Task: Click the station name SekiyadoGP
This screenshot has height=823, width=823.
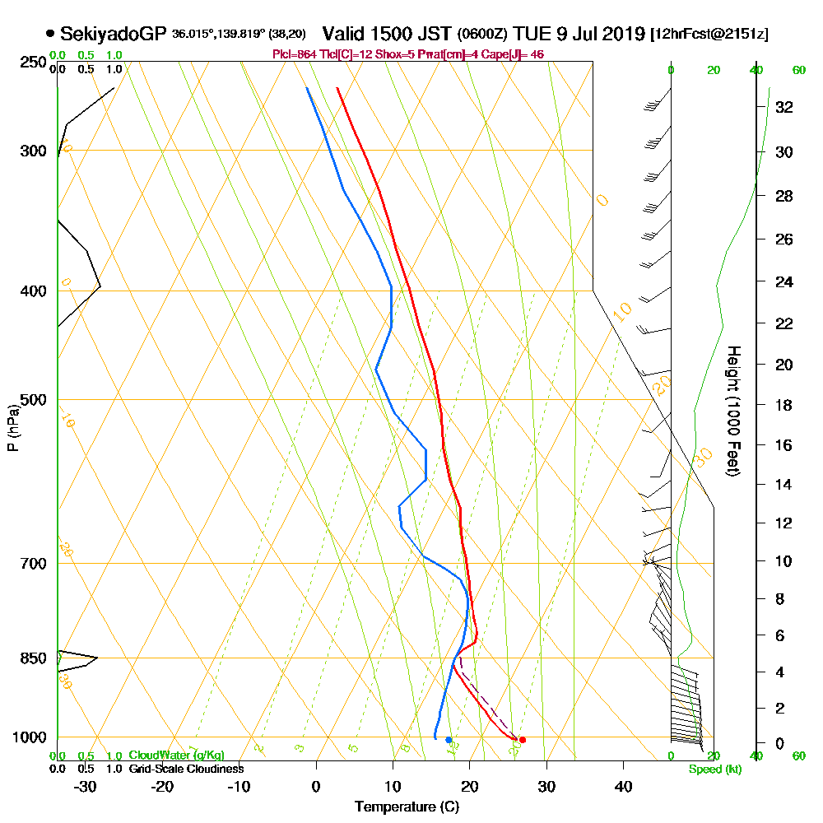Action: [114, 34]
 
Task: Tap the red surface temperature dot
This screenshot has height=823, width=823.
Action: [523, 740]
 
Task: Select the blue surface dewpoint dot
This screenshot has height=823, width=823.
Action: [449, 740]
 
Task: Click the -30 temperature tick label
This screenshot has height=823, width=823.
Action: [85, 786]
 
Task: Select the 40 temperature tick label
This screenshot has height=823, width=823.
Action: [623, 786]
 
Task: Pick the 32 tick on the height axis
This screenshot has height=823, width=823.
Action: [784, 107]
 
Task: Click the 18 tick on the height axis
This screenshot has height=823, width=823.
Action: [784, 405]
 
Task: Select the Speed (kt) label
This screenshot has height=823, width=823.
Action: [712, 770]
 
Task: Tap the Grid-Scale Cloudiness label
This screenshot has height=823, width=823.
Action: [185, 769]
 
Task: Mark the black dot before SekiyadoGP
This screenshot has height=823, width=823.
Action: [51, 34]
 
